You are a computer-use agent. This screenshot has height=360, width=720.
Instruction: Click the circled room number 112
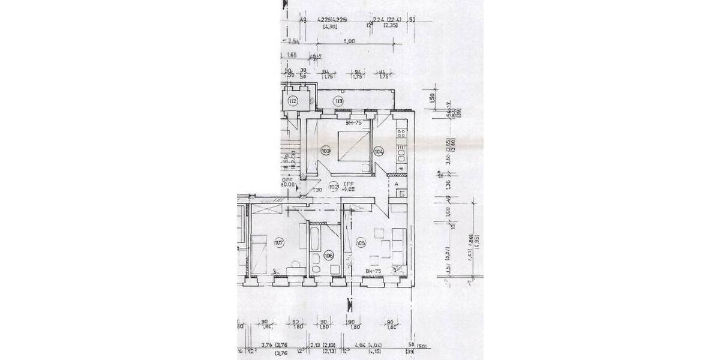tap(293, 101)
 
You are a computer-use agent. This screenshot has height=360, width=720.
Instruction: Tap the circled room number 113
tap(339, 101)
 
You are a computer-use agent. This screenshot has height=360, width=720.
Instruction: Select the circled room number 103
tap(326, 151)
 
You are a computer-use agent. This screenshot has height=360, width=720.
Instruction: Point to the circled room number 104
tap(379, 151)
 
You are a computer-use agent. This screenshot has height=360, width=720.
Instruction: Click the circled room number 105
tap(361, 243)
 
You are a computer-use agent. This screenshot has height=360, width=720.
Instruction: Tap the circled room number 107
tap(278, 243)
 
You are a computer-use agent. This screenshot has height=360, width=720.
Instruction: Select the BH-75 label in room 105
tap(374, 272)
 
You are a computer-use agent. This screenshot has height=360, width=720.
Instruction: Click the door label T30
tap(318, 190)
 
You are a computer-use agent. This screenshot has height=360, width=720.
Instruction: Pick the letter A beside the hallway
tap(396, 184)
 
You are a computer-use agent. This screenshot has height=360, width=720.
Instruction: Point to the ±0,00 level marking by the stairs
tap(289, 185)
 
